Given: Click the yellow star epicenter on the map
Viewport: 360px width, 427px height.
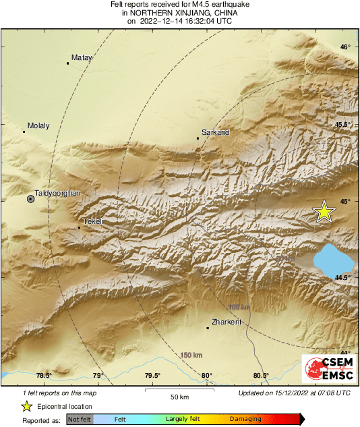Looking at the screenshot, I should [324, 212].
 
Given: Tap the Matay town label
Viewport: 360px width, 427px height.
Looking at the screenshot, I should [81, 57].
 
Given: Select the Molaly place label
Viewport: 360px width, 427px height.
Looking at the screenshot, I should [38, 125].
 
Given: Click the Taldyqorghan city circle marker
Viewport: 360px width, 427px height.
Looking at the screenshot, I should [30, 199].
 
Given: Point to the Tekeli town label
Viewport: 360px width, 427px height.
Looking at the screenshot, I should [92, 221].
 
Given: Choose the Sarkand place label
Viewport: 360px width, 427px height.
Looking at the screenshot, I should [216, 132].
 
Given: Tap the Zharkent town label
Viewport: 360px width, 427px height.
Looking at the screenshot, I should [227, 322].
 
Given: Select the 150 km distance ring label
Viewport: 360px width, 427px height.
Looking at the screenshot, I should [191, 355].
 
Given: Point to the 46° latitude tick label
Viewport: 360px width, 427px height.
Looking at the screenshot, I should [344, 47].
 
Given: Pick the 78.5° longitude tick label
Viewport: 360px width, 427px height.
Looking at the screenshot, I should [44, 376].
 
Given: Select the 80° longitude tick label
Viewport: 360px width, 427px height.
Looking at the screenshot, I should [206, 376].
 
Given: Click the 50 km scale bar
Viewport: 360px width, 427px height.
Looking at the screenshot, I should [179, 389].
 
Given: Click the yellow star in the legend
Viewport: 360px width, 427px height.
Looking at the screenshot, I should [26, 406].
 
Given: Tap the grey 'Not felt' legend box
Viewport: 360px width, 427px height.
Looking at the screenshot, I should [80, 419].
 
